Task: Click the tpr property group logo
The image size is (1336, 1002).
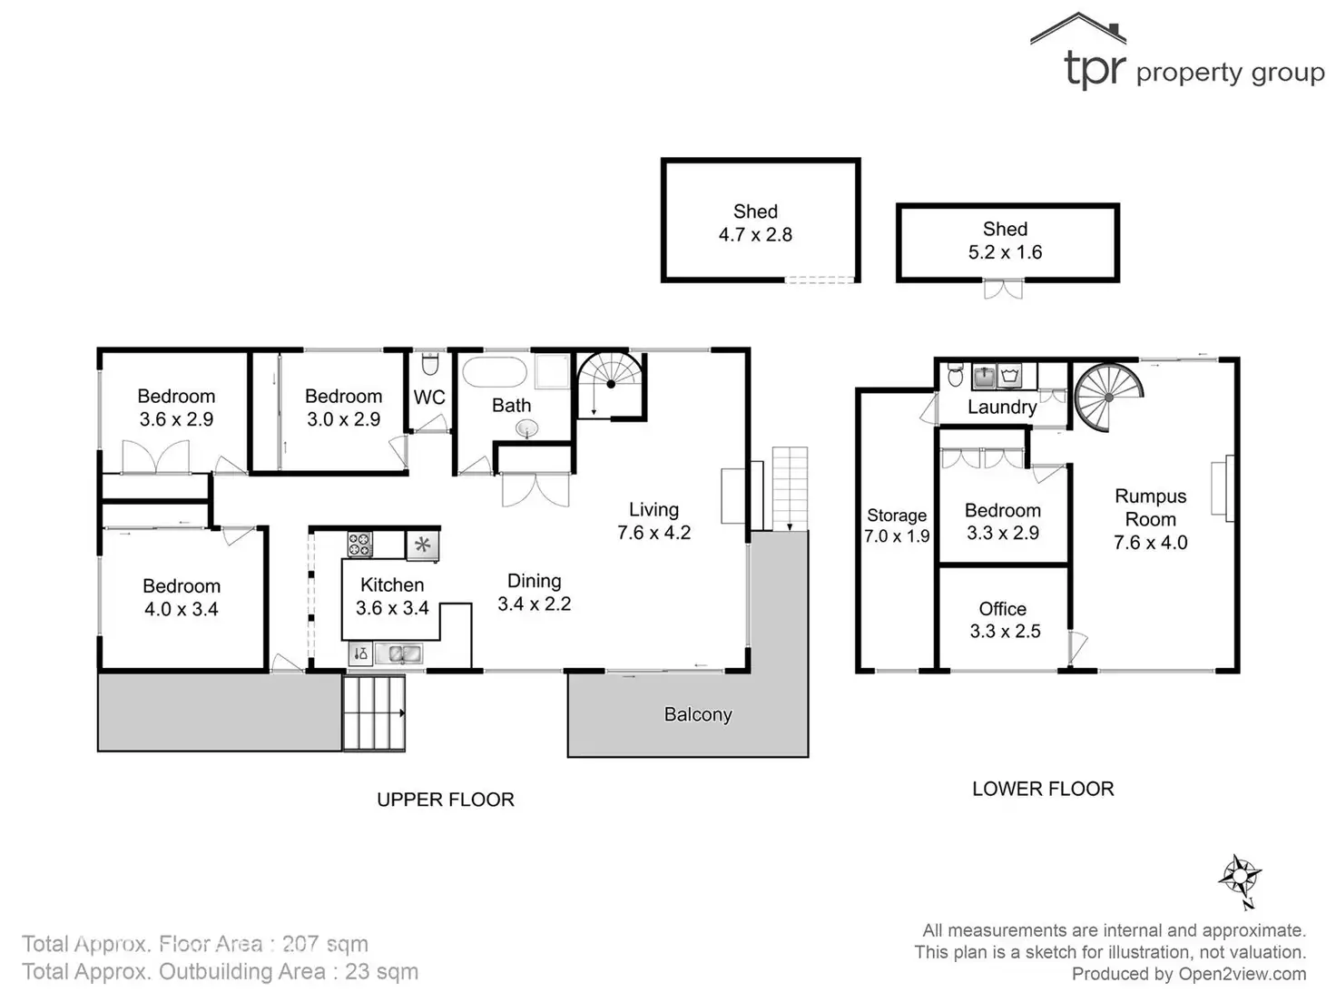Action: (x=1177, y=56)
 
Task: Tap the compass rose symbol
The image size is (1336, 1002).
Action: (x=1240, y=879)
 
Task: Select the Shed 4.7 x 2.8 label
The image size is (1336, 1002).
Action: (x=755, y=223)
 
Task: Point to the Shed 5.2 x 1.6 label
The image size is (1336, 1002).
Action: (x=1005, y=241)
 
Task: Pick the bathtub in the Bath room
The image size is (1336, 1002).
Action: (x=494, y=372)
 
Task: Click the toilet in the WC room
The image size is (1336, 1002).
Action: (x=429, y=363)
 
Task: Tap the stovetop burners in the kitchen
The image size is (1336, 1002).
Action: (x=359, y=545)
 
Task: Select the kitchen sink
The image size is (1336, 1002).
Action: (x=399, y=653)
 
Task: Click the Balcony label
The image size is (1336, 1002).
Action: (x=697, y=714)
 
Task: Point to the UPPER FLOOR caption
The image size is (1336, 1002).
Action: (x=445, y=800)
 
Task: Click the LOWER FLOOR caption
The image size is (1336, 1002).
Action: (x=1043, y=789)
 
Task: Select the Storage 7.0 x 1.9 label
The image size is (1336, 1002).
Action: (x=896, y=526)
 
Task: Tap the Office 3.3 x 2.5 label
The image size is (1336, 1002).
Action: (x=1003, y=620)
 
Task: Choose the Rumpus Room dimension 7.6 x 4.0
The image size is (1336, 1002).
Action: (x=1150, y=543)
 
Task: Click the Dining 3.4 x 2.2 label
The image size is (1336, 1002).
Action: (x=534, y=592)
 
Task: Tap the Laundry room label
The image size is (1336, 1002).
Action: (x=1001, y=407)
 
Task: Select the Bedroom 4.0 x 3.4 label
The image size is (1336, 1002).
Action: (x=182, y=597)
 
